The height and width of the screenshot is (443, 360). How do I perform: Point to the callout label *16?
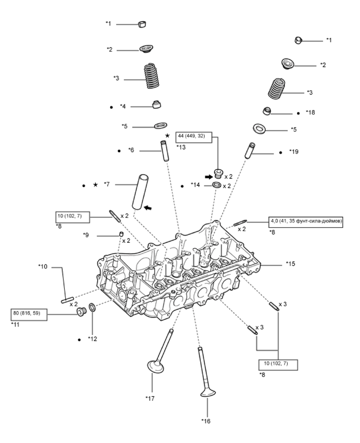tap(206, 420)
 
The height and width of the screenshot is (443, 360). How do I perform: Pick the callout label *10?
tap(43, 266)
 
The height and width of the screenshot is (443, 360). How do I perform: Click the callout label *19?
tap(294, 152)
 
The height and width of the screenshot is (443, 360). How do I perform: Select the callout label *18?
tap(310, 112)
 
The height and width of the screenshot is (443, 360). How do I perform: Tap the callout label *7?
tap(107, 184)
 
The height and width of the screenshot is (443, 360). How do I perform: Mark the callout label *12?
tap(93, 339)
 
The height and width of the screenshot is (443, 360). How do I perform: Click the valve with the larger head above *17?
tap(158, 363)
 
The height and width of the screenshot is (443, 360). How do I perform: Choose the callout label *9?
tap(86, 235)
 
